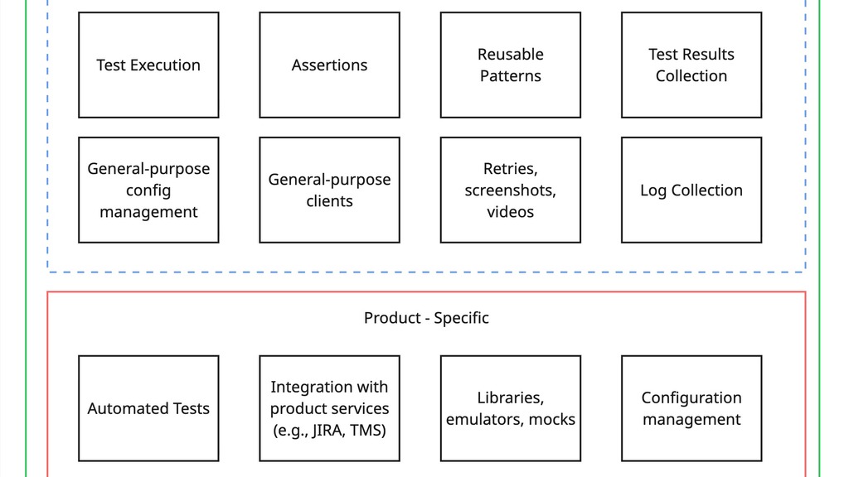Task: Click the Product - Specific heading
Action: click(x=426, y=318)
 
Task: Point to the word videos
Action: click(x=510, y=212)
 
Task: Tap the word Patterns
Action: click(x=510, y=76)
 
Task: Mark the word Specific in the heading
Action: click(x=461, y=318)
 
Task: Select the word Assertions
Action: click(x=329, y=65)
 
